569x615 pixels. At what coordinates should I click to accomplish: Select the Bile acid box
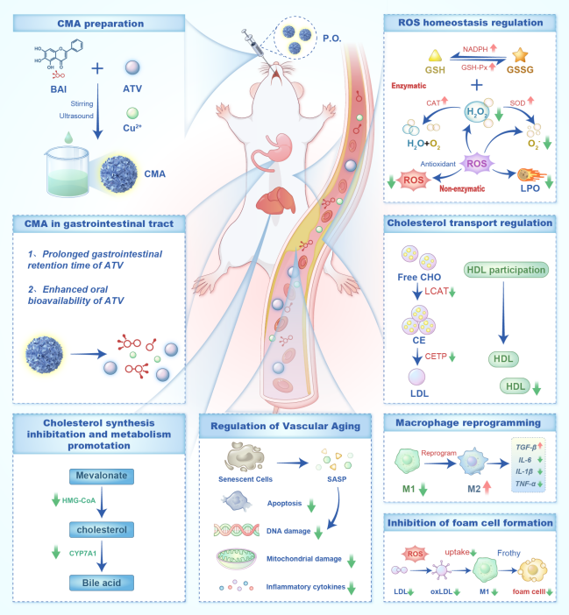102,580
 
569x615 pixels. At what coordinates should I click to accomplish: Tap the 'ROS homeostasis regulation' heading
470,23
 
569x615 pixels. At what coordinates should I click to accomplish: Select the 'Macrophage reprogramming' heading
471,421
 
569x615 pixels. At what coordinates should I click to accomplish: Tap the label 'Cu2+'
132,130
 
